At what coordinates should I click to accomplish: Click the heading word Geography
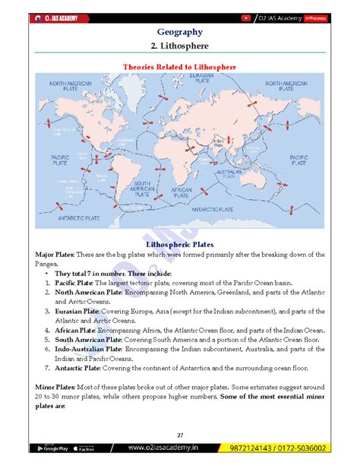pos(179,32)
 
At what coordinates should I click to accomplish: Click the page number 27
pos(180,434)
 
